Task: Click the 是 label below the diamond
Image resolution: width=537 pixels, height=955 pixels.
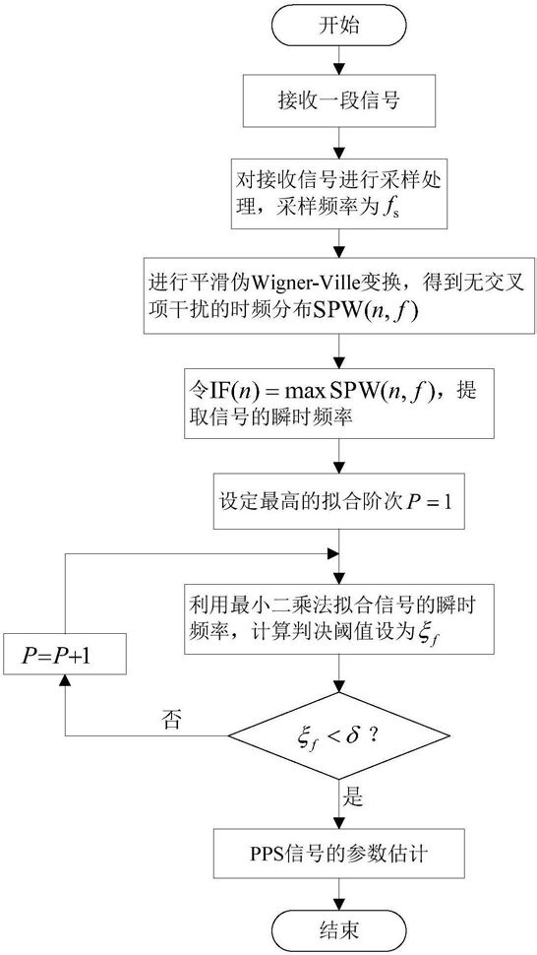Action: tap(354, 796)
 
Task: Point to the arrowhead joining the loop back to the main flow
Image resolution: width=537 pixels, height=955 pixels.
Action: tap(332, 555)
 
